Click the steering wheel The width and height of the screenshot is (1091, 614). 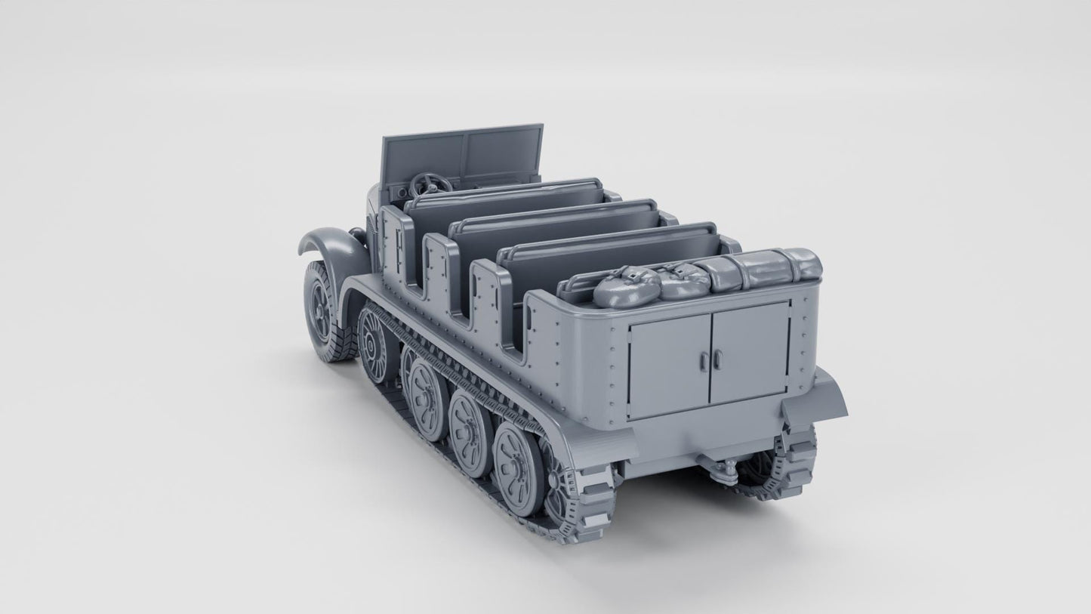coord(430,184)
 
